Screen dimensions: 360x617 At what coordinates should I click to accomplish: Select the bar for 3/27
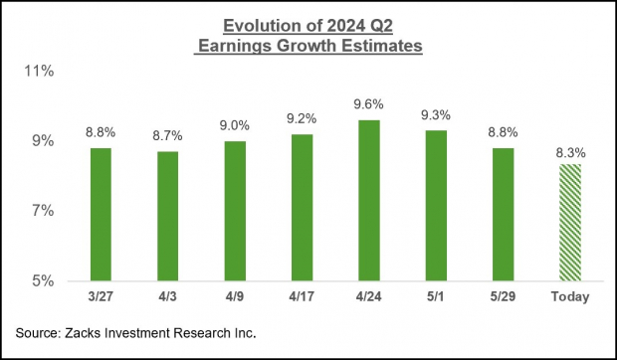(x=101, y=214)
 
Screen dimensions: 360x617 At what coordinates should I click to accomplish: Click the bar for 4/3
(x=167, y=216)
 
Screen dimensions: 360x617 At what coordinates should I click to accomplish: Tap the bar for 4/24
(x=367, y=200)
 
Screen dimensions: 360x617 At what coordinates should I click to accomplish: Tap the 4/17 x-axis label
(x=301, y=297)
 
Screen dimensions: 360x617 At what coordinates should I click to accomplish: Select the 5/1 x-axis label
(x=434, y=297)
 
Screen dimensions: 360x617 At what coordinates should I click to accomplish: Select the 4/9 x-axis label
(x=234, y=297)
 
